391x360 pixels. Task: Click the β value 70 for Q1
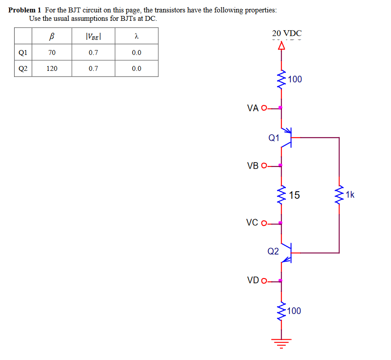[52, 53]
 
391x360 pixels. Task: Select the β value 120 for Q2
[52, 69]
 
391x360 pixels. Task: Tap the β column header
[51, 36]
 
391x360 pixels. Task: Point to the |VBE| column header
[93, 37]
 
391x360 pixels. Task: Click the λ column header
[137, 36]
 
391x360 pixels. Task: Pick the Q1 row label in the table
[23, 53]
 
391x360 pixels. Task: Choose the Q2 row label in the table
[23, 69]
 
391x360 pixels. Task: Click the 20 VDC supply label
[287, 33]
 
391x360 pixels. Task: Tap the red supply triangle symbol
[282, 46]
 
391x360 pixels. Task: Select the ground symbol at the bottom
[282, 343]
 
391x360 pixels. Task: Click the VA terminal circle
[264, 108]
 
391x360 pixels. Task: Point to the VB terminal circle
[264, 166]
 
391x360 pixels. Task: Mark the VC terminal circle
[264, 223]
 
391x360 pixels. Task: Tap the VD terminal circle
[264, 281]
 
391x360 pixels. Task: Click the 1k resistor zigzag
[339, 194]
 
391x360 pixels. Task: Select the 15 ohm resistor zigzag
[282, 195]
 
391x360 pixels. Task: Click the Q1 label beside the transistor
[274, 138]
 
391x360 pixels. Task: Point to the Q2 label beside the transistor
[273, 251]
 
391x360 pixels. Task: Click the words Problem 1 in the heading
[24, 10]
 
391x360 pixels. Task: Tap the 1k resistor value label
[350, 194]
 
